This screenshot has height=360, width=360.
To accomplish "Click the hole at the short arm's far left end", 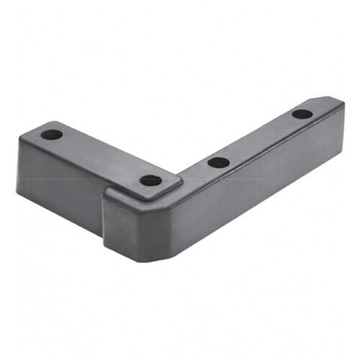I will (x=52, y=135).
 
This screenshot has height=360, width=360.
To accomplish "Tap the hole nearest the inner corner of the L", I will (x=151, y=180).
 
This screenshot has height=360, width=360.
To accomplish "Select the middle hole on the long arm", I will (x=216, y=163).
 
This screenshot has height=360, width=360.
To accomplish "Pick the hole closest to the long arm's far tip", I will (x=301, y=114).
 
